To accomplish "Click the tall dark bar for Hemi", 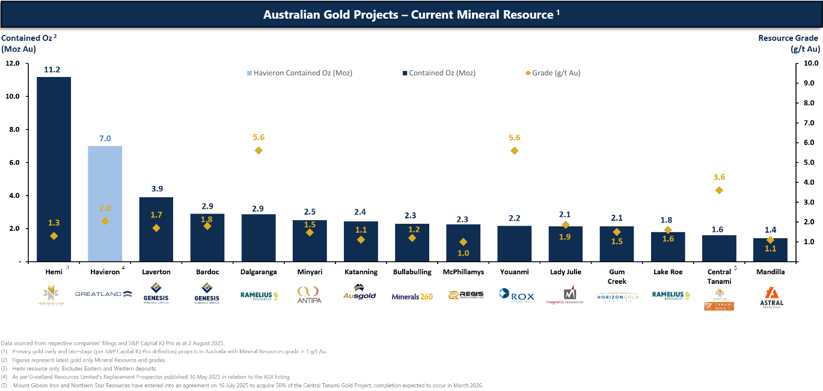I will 54,168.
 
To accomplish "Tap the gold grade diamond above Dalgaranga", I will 259,150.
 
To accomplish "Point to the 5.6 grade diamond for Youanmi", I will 514,150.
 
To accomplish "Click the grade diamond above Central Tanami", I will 719,190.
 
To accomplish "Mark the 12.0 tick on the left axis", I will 13,63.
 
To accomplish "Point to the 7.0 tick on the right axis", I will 808,123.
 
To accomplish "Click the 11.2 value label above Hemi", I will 52,69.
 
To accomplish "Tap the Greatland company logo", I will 103,294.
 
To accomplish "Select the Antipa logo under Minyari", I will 309,295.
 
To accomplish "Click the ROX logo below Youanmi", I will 516,295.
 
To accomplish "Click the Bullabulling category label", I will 411,272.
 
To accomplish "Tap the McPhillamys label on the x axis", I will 462,272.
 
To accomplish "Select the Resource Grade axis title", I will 788,43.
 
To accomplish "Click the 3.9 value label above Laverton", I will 156,188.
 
